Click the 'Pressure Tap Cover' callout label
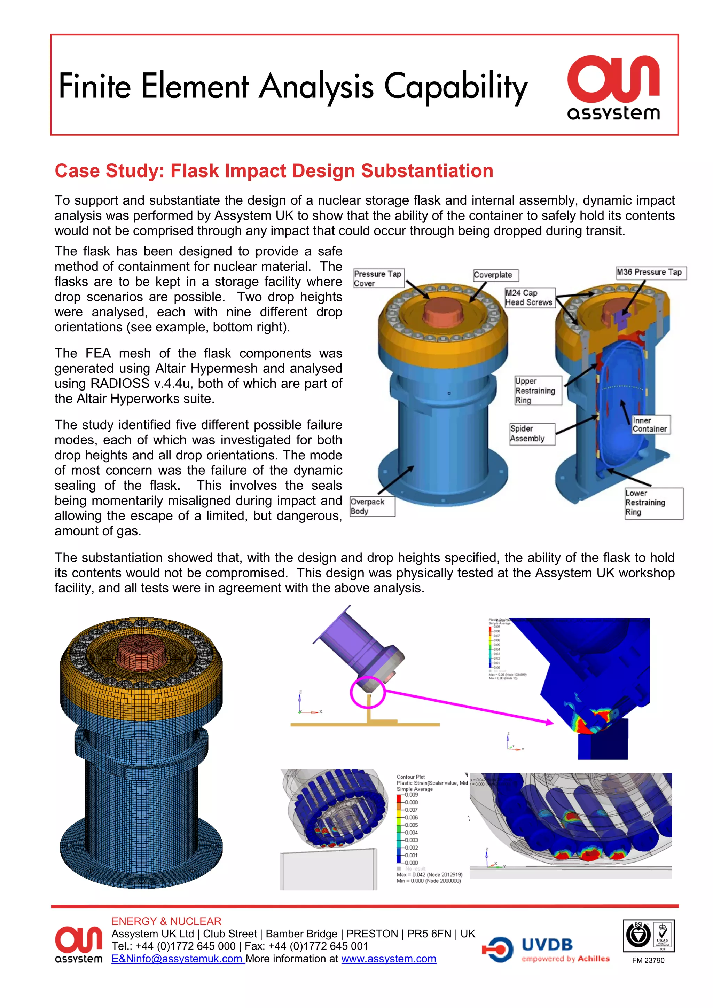378,278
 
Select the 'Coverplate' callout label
495,275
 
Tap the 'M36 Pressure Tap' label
650,272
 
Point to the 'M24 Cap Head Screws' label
530,298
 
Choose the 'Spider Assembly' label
532,433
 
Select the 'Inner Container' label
650,425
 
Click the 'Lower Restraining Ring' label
653,503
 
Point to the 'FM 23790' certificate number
648,960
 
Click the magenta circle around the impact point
368,692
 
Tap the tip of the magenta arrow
552,722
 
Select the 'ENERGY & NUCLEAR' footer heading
166,921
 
